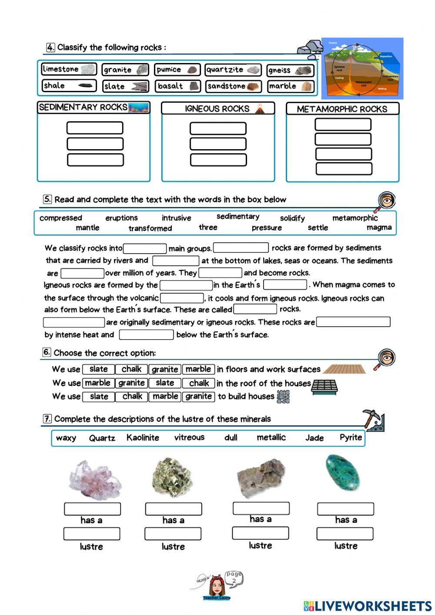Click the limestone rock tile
pos(69,69)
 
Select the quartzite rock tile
pos(233,70)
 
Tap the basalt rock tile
pos(177,86)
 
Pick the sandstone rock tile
pos(233,86)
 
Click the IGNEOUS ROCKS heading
pos(218,109)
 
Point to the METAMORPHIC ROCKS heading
pos(342,109)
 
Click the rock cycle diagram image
pos(362,68)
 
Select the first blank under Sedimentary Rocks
pos(95,128)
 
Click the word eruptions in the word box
pos(121,218)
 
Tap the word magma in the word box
pos(379,227)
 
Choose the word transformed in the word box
pos(150,228)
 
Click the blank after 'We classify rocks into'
pos(145,248)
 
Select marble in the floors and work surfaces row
pos(198,369)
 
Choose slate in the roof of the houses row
pos(165,383)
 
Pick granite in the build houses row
pos(198,396)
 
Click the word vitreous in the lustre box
pos(189,438)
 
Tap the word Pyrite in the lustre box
pos(351,438)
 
